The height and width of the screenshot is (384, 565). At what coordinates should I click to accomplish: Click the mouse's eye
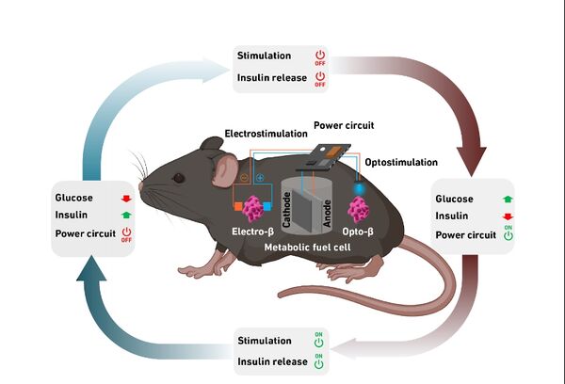179,178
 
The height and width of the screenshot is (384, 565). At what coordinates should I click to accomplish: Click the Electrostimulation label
266,134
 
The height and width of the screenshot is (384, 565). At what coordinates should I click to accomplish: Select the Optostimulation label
401,162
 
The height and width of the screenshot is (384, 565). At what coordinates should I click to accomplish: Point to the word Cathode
287,210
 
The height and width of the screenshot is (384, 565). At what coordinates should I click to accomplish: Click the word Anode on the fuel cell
327,214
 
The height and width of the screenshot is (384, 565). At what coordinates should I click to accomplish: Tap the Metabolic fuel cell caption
307,248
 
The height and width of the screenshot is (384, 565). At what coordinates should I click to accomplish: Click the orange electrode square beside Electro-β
238,206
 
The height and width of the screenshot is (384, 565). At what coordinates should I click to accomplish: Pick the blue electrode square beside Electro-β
267,206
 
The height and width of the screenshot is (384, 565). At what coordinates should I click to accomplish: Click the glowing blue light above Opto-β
358,188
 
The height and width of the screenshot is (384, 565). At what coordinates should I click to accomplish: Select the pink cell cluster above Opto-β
358,209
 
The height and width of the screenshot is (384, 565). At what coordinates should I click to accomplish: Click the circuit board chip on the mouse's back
324,157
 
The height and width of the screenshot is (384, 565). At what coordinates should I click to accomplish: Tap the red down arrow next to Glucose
126,199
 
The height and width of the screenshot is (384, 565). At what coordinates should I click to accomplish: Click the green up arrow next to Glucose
508,199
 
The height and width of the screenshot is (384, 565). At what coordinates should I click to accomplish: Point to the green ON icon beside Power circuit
508,233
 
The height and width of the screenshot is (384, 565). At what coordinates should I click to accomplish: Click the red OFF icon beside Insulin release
320,79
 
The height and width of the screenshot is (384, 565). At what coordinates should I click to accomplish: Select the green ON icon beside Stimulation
319,340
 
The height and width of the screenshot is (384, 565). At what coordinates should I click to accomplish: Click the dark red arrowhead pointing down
472,160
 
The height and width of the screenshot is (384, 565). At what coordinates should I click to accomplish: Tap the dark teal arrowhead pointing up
91,268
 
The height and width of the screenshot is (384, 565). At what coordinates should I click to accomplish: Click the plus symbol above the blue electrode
260,178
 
